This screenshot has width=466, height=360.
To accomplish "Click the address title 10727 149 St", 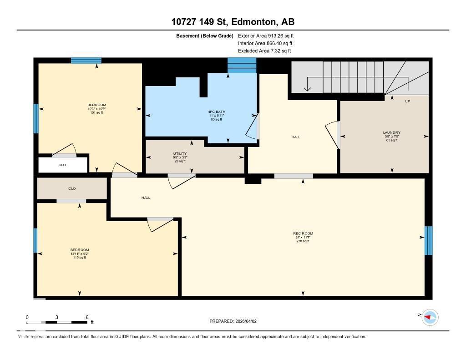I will click(233, 22).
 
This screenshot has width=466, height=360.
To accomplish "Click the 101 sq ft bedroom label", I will click(96, 109).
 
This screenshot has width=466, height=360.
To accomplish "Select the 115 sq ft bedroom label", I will click(80, 254).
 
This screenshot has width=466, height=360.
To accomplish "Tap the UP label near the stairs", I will click(407, 101).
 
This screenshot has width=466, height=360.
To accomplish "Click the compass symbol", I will click(430, 317).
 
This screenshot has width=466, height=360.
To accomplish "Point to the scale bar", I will click(57, 322).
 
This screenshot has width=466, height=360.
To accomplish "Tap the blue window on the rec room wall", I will click(428, 240).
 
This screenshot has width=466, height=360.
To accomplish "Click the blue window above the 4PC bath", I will click(242, 66).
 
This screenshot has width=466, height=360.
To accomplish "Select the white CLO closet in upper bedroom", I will click(63, 165).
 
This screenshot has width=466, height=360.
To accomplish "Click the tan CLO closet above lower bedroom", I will click(72, 188).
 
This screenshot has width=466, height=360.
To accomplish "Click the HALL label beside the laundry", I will click(296, 137).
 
